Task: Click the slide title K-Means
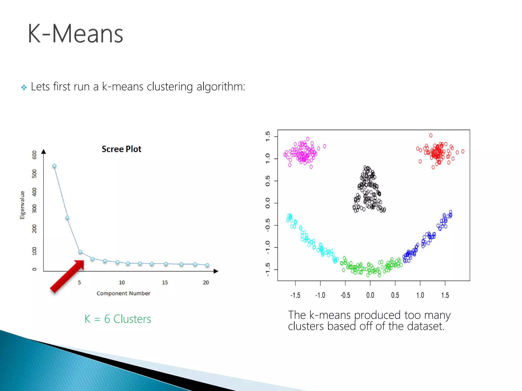point(75,34)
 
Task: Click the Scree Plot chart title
point(121,149)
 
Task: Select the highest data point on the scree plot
point(54,166)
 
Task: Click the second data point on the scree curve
point(67,217)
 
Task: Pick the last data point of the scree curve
point(207,265)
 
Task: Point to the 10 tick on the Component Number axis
point(122,282)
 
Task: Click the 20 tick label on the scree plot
point(206,282)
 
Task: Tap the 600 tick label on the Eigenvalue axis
point(34,155)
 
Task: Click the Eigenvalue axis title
point(22,205)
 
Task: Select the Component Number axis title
point(123,293)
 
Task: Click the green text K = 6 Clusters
point(118,319)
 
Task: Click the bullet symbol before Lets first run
point(24,88)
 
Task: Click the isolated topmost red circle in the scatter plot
point(431,135)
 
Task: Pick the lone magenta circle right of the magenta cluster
point(324,146)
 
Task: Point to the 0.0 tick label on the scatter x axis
point(370,295)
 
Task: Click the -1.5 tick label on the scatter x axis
point(295,295)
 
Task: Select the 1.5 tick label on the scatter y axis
point(267,136)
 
